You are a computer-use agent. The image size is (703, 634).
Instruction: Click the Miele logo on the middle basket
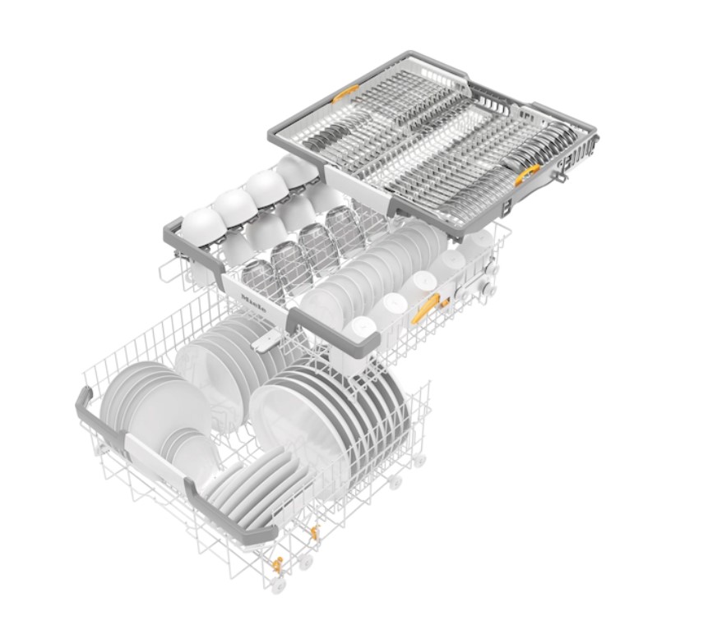[254, 304]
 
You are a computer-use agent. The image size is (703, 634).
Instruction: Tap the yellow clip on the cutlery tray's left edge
[345, 94]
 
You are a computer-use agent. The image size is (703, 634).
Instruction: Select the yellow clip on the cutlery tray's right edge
[527, 175]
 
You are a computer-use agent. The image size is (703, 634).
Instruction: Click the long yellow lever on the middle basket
[427, 307]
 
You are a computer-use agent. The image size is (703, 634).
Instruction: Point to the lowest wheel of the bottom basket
[278, 584]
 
